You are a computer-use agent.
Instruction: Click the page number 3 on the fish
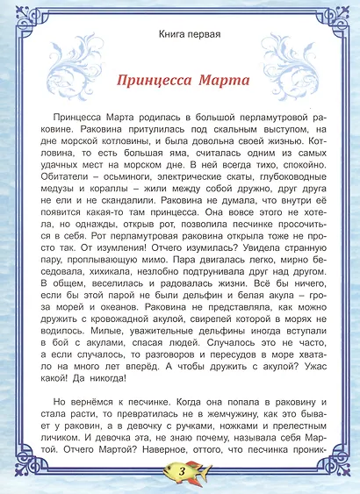point(180,471)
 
